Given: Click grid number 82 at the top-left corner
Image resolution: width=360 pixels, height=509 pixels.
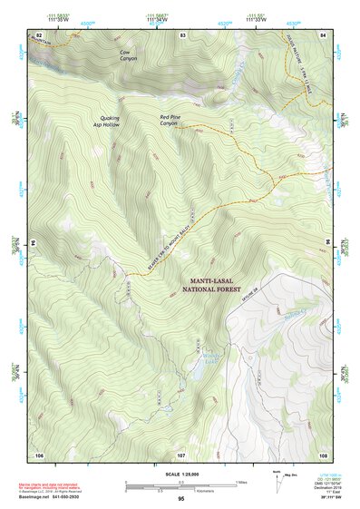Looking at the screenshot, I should coord(38,34).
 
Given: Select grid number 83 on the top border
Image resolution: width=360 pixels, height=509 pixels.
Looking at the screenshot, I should coord(182,34).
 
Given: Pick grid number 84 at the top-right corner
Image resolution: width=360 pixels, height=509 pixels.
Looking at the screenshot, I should coord(322,34).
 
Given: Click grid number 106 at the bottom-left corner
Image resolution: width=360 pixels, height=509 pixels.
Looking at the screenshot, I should coord(39,454).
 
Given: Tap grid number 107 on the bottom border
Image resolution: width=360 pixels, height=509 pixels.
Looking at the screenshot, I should coord(180,454).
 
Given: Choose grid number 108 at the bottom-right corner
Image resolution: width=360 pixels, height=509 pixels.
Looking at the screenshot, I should coord(322,454).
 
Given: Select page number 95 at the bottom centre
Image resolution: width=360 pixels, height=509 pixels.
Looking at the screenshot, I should coord(180,499).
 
